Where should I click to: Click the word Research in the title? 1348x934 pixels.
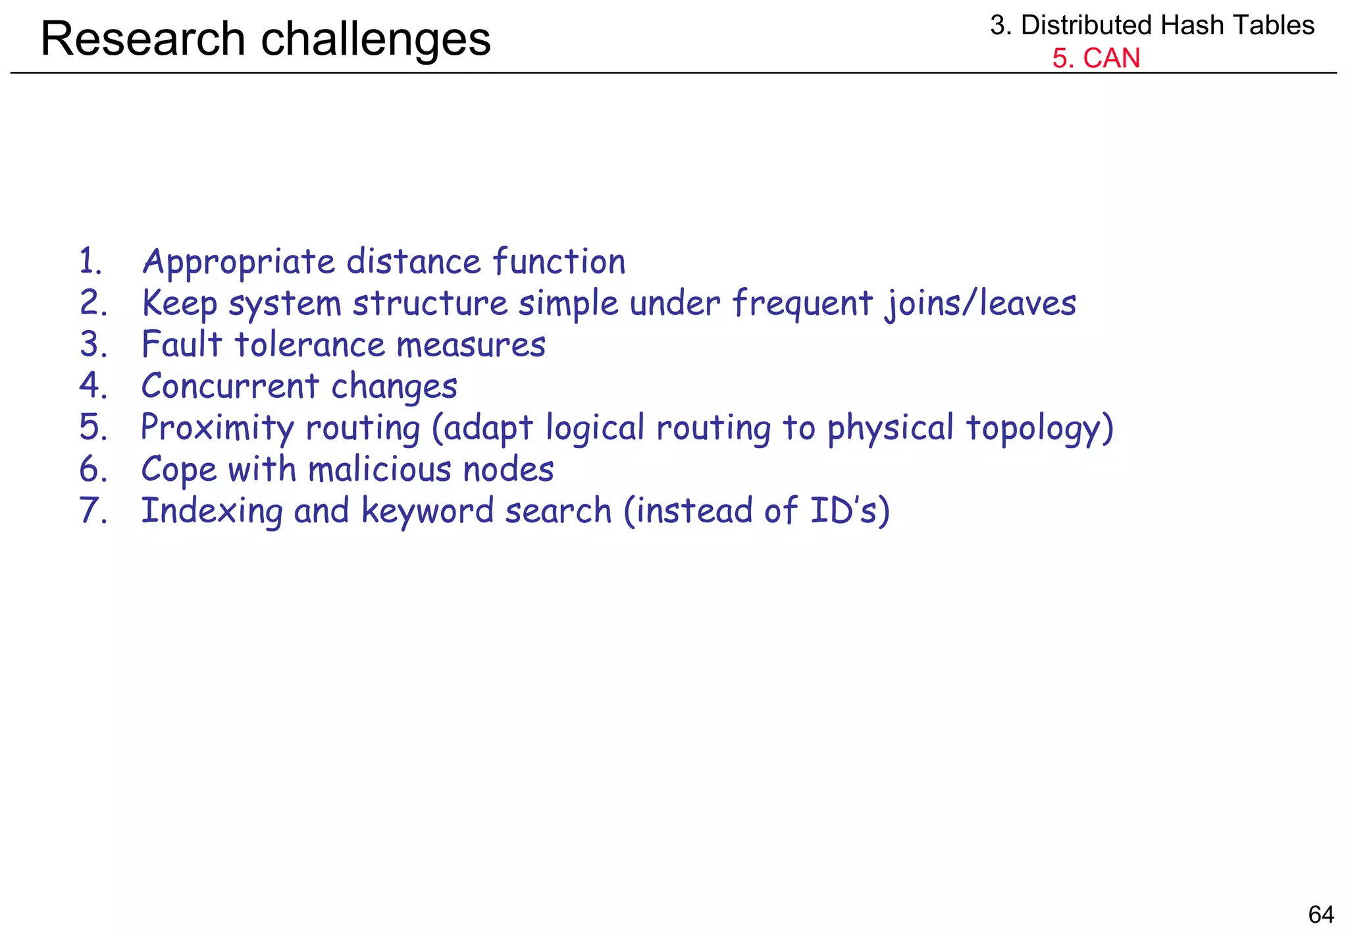(143, 39)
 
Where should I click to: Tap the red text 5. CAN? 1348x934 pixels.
(1095, 58)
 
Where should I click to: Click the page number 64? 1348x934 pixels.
(1320, 914)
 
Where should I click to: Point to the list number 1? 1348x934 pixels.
(90, 261)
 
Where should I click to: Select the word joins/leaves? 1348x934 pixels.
(980, 304)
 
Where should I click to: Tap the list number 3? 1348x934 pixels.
(93, 344)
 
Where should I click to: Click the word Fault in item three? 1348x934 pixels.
(182, 344)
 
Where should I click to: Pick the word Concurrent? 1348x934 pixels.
(230, 386)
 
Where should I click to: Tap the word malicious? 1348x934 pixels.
(380, 470)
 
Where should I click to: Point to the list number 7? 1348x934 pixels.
(93, 510)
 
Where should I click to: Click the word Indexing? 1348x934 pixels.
(212, 512)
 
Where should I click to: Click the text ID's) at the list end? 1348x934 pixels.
(850, 510)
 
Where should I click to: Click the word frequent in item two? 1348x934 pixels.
(802, 304)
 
